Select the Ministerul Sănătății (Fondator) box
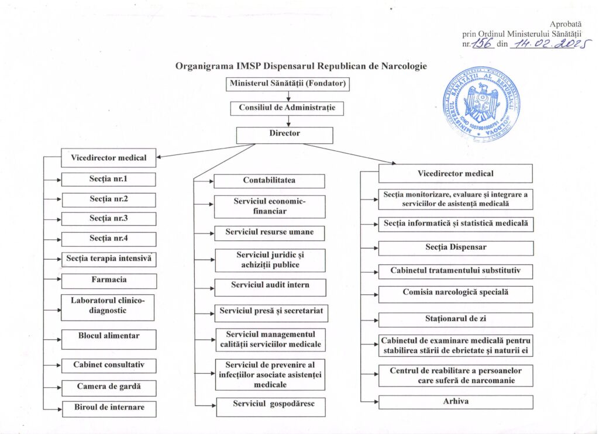[288, 84]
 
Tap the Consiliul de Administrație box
[283, 108]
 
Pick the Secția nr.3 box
[109, 219]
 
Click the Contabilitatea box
[269, 181]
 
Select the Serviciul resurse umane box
[269, 233]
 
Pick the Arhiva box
[456, 402]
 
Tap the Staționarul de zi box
[456, 319]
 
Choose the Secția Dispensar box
[456, 247]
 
